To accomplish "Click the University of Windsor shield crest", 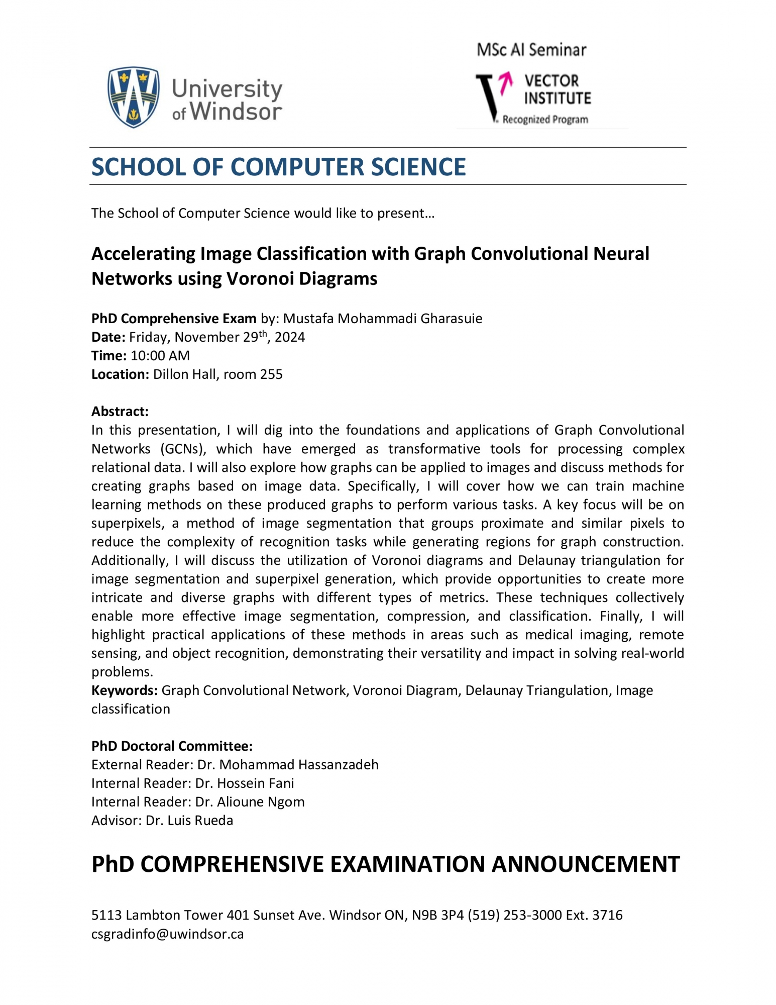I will (134, 97).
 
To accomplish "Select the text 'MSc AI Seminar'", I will (531, 50).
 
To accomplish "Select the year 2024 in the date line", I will (290, 337).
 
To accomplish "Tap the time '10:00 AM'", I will (160, 356).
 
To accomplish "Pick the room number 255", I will (272, 374).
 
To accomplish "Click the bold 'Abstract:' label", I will (120, 412).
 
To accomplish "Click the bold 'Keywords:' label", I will (125, 690).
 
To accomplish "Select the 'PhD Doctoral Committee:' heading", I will (172, 746).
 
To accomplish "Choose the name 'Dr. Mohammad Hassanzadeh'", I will (288, 765).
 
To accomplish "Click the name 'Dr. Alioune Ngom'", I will (250, 802).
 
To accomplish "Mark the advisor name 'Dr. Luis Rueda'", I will (189, 821).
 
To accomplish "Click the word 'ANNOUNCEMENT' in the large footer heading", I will (585, 864).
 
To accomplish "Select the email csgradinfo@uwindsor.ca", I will (168, 934).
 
